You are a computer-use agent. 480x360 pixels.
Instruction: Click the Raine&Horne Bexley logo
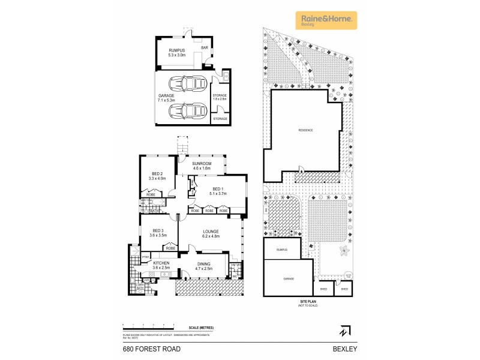point(326,20)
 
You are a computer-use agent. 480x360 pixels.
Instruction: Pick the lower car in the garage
point(188,111)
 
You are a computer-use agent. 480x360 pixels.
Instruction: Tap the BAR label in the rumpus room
point(204,47)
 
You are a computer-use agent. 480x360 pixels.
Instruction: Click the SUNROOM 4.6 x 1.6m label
point(202,166)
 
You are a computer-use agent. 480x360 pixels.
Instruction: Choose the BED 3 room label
point(158,233)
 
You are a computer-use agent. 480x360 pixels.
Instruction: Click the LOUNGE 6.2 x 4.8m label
point(210,233)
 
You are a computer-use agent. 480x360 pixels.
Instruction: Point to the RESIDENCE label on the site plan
point(306,130)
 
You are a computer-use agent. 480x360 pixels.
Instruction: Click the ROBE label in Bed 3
point(170,248)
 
